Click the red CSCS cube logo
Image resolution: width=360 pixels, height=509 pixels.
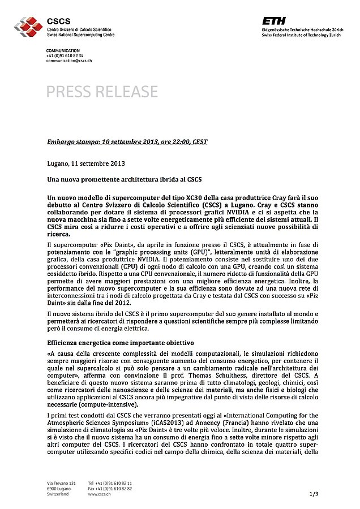tap(29, 26)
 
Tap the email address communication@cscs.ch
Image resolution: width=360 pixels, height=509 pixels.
tap(69, 61)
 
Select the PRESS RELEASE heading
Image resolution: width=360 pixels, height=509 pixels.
tap(102, 92)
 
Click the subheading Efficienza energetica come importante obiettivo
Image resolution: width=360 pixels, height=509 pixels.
tap(121, 343)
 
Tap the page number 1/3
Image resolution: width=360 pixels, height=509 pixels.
tap(314, 494)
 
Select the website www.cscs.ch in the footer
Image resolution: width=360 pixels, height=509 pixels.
tap(99, 494)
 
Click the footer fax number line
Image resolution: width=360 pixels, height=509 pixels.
tap(110, 489)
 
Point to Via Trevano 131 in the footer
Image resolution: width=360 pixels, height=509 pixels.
tap(61, 483)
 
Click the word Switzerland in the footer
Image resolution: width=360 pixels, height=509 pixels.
tap(58, 494)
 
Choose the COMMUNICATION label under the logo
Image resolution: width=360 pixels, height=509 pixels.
tap(63, 51)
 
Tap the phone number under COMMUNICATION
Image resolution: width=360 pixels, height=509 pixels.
tap(65, 56)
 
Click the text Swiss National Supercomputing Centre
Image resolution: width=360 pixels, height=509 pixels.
tap(80, 34)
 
